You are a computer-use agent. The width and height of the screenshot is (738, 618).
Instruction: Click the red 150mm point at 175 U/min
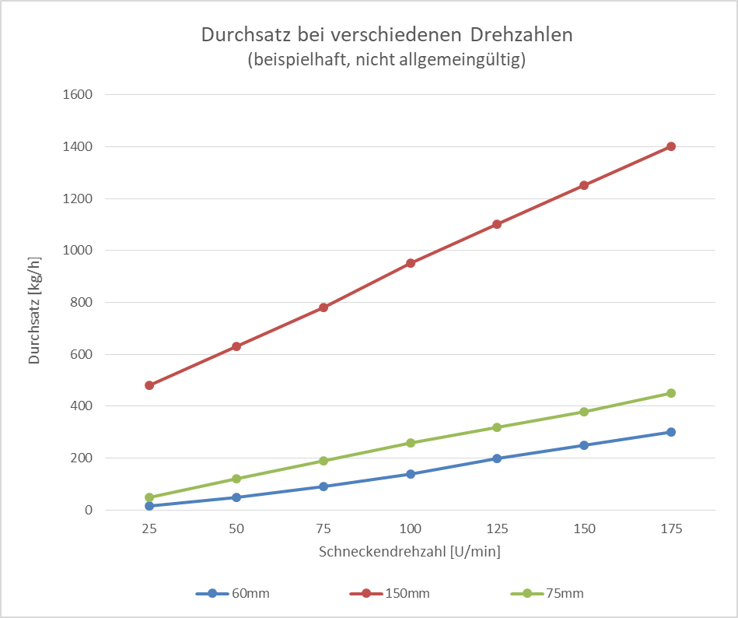coord(671,146)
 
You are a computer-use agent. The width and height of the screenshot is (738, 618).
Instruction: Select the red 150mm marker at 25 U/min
coord(149,385)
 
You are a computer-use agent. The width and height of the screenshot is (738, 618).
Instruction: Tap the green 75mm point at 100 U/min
coord(411,443)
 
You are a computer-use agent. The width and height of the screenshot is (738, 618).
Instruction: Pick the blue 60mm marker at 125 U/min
coord(497,458)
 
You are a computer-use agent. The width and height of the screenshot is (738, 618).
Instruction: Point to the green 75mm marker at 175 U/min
coord(671,393)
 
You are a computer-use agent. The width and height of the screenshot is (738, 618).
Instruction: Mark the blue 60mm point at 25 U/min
coord(149,506)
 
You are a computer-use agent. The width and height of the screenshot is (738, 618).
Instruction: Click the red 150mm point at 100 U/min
coord(411,263)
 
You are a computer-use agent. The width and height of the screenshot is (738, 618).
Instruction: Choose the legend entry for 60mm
coord(233,593)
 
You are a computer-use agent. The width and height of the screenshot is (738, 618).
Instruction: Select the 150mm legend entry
coord(389,593)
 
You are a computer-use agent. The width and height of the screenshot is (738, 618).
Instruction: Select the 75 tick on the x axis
coord(324,529)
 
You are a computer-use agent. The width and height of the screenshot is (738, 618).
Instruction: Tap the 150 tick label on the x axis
coord(584,529)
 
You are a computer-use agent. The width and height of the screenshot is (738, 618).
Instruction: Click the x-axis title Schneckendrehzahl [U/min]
coord(410,551)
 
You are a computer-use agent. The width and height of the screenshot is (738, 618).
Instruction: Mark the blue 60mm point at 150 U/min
coord(584,445)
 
